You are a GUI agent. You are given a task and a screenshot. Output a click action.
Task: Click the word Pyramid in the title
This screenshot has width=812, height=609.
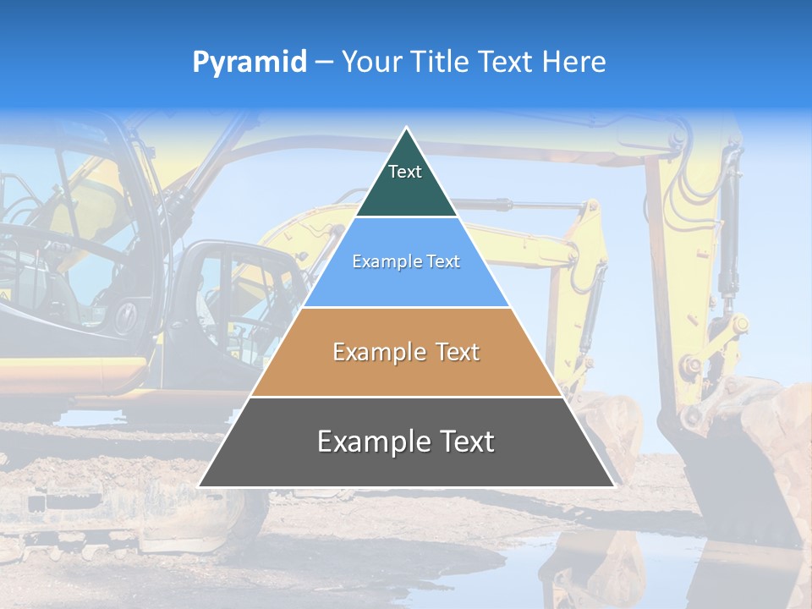249,63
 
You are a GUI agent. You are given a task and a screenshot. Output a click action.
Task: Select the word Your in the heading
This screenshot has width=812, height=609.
370,62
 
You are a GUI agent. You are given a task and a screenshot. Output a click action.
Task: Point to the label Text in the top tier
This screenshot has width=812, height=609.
405,172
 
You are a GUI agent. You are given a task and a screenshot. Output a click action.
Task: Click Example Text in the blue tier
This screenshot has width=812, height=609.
406,261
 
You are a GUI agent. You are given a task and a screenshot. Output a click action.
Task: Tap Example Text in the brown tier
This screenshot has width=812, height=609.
406,352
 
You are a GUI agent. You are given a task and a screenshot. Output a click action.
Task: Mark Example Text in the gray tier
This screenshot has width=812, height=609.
406,442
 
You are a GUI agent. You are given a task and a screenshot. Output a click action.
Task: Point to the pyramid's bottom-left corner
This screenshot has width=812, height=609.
200,486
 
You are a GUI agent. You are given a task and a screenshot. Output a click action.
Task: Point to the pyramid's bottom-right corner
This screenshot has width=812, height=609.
613,486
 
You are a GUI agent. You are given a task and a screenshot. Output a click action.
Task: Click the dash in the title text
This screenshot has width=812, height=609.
324,63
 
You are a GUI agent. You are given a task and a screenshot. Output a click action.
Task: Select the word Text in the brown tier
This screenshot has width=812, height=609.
453,352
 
